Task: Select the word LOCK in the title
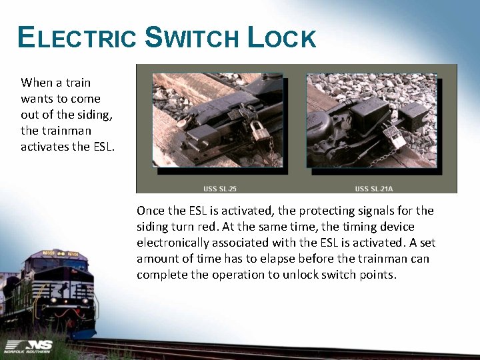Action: pos(281,38)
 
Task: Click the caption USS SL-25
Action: pos(219,188)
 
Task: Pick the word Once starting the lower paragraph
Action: pos(151,211)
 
